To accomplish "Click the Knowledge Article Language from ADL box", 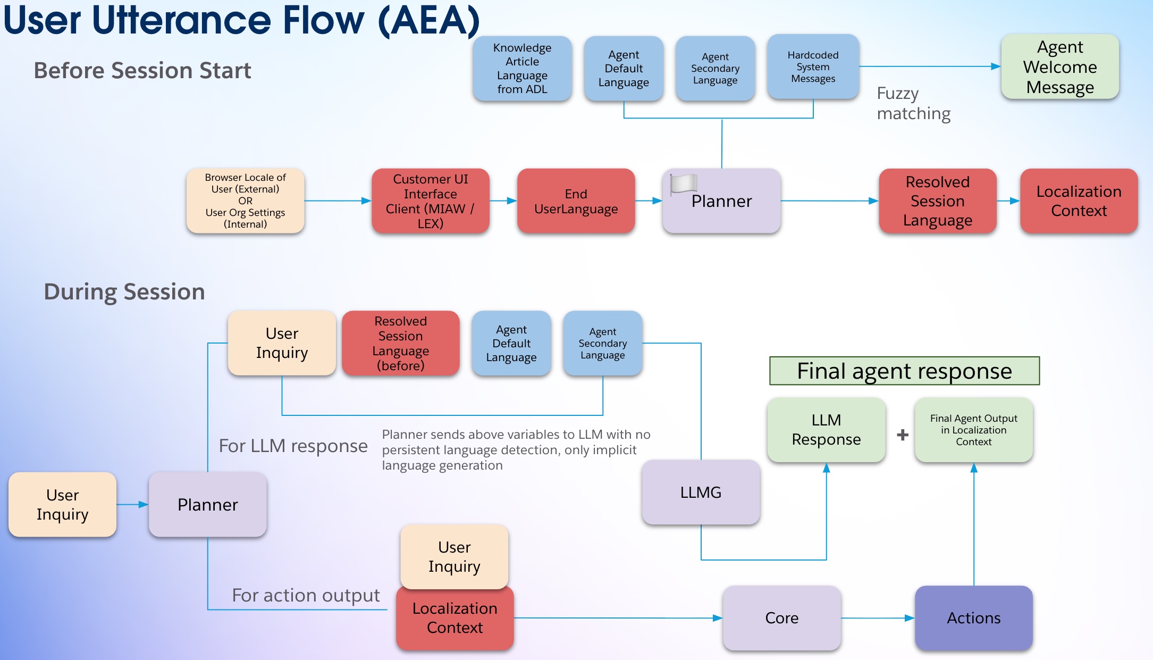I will pos(522,68).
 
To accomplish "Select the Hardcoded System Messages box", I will pos(813,67).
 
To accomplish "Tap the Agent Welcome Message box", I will pos(1060,67).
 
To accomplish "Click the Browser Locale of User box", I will pos(245,200).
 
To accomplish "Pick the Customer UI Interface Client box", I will pos(430,201).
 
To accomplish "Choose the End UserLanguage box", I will pos(576,201).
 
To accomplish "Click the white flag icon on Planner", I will pos(684,183).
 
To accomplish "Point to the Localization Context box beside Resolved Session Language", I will pos(1079,201).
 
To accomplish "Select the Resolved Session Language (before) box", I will pos(400,343).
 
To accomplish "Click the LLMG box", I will pos(701,492).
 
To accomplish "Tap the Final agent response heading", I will pos(904,371).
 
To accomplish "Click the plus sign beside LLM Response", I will pos(902,435).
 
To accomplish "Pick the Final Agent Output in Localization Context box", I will pos(973,430).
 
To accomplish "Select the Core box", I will pos(781,617).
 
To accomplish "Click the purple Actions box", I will pos(973,617).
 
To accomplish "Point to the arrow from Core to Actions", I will pos(877,618).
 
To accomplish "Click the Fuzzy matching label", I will pos(913,103).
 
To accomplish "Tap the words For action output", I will pos(306,595).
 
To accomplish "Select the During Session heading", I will pos(124,291).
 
